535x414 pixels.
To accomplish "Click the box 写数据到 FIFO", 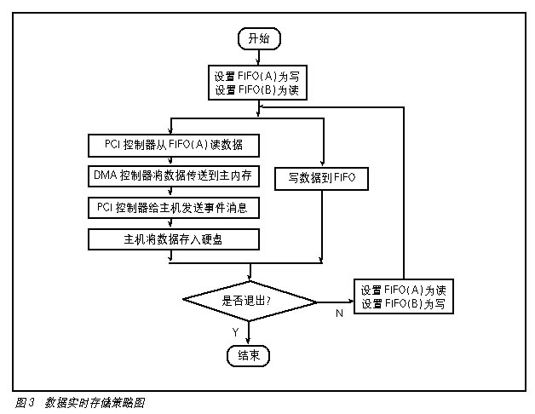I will (x=321, y=177).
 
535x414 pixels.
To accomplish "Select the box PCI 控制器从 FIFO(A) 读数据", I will (x=173, y=143).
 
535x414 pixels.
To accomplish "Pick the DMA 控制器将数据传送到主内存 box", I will (x=173, y=175).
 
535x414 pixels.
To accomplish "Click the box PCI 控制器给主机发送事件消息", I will (x=173, y=207).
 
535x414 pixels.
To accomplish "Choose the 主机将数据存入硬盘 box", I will (x=173, y=239).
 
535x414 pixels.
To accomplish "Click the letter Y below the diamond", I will (x=235, y=331).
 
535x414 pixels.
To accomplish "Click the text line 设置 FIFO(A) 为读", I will (x=405, y=290).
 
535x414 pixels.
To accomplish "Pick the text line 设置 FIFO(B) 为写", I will (x=405, y=305).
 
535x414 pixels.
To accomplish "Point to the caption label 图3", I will (x=24, y=402).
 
